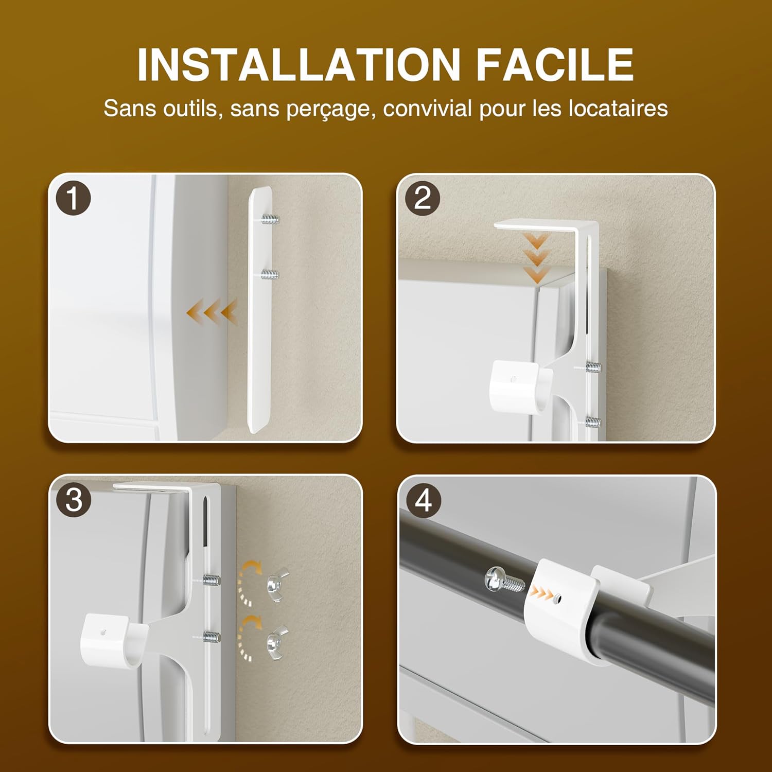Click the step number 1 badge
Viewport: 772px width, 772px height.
(74, 198)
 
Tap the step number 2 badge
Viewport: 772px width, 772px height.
(423, 198)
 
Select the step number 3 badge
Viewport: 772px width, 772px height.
(74, 500)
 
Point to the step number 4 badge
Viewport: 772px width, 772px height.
(423, 500)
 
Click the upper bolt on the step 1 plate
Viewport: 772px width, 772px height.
(270, 220)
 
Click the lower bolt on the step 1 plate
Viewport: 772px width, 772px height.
(270, 274)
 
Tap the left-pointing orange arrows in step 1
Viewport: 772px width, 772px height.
(211, 312)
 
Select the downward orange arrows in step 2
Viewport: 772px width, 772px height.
(537, 257)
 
